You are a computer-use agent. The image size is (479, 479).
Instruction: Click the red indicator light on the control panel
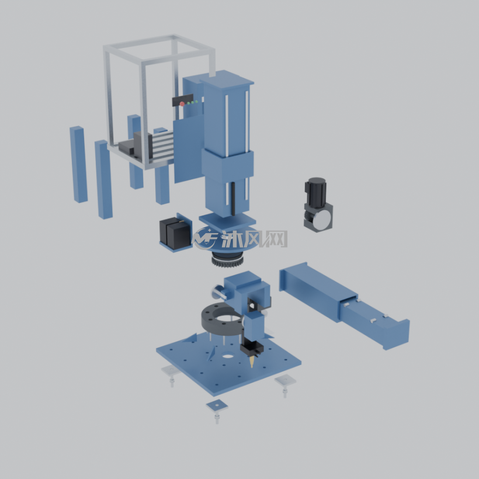point(182,104)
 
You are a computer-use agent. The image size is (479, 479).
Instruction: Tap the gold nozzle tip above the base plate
point(251,362)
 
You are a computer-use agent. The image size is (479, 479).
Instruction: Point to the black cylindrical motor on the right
point(316,191)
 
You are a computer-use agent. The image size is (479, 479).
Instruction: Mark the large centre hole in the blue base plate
point(227,356)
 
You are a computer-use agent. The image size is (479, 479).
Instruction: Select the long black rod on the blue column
point(233,199)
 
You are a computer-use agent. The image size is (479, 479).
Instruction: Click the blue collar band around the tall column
point(227,165)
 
